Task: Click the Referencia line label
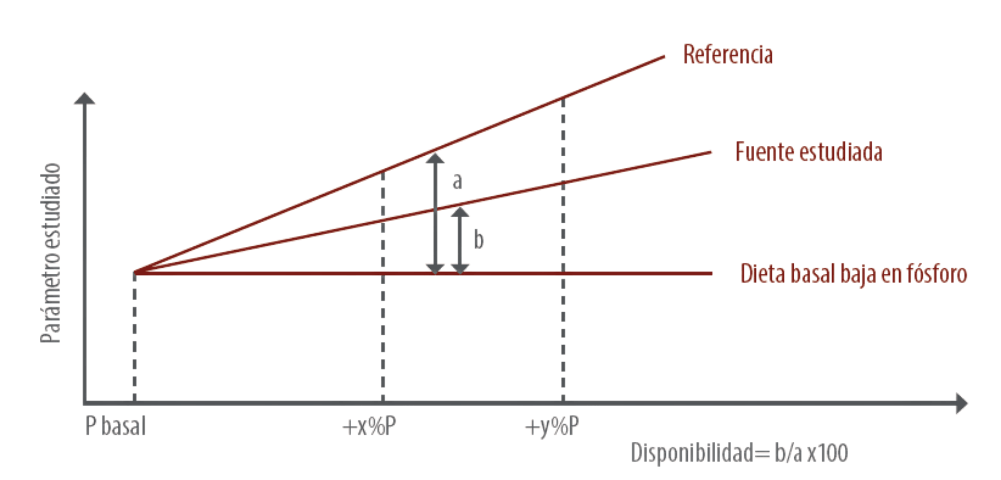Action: pos(728,54)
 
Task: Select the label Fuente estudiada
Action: pos(809,152)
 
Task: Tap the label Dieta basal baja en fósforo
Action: pos(854,274)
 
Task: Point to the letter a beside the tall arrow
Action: pos(457,181)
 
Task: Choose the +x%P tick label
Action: pos(369,426)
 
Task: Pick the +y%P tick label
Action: pos(552,427)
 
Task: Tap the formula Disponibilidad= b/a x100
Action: pos(739,453)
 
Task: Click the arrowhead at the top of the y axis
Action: pos(85,98)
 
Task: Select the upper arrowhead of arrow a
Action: pos(435,158)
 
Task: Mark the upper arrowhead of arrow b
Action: pos(460,212)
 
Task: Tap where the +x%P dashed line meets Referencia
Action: pos(383,171)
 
